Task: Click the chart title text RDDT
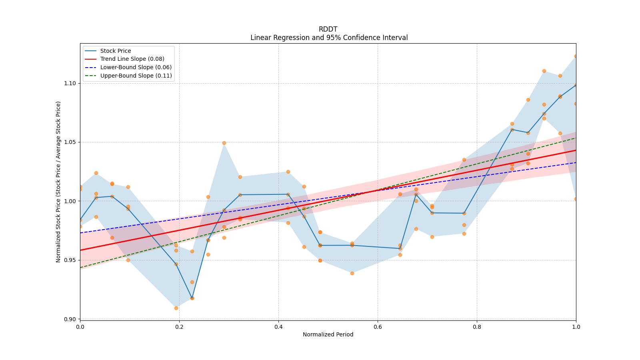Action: click(x=328, y=29)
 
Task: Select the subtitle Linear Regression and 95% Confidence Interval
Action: click(x=329, y=38)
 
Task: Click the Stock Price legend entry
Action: click(x=116, y=51)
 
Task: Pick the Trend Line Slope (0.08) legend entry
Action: click(x=132, y=59)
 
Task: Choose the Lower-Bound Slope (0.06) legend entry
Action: click(x=136, y=67)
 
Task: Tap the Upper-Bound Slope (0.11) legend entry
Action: click(x=136, y=76)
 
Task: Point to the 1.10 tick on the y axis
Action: click(x=70, y=83)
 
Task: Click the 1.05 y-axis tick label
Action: click(x=70, y=142)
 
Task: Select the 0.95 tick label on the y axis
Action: click(x=70, y=260)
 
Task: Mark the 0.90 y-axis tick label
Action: click(x=70, y=319)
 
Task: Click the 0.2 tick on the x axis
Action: click(x=179, y=327)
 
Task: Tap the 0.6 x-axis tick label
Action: click(x=378, y=327)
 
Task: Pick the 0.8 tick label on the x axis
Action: click(x=477, y=327)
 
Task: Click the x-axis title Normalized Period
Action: click(x=328, y=334)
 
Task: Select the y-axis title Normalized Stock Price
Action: click(x=58, y=182)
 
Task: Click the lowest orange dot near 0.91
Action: click(x=176, y=308)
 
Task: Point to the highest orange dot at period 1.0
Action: click(x=576, y=56)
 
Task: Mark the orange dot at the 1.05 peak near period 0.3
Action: click(x=224, y=143)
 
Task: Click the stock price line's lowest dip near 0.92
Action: click(x=192, y=298)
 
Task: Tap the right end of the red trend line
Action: click(x=576, y=150)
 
